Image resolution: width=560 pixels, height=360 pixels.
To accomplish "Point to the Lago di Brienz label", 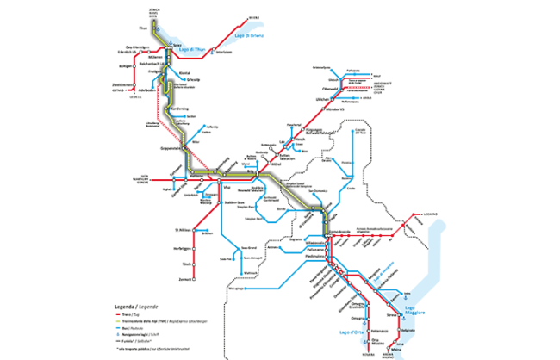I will (x=251, y=35).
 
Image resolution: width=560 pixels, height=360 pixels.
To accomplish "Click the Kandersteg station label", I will (x=180, y=109).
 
